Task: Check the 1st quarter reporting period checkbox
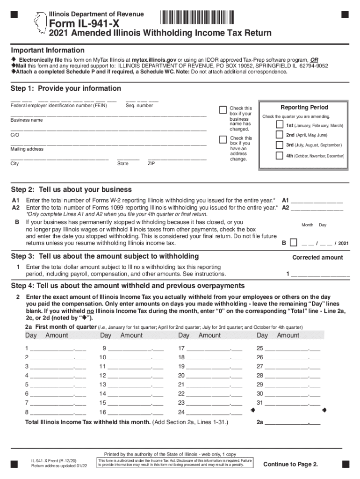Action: [279, 125]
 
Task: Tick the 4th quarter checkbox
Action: [279, 155]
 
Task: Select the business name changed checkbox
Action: [223, 110]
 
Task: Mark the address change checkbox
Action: [223, 139]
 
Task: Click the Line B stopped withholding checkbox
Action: [293, 243]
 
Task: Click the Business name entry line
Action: [108, 115]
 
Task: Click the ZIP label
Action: [151, 164]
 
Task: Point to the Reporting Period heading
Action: [304, 107]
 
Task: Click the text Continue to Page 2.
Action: [290, 464]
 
